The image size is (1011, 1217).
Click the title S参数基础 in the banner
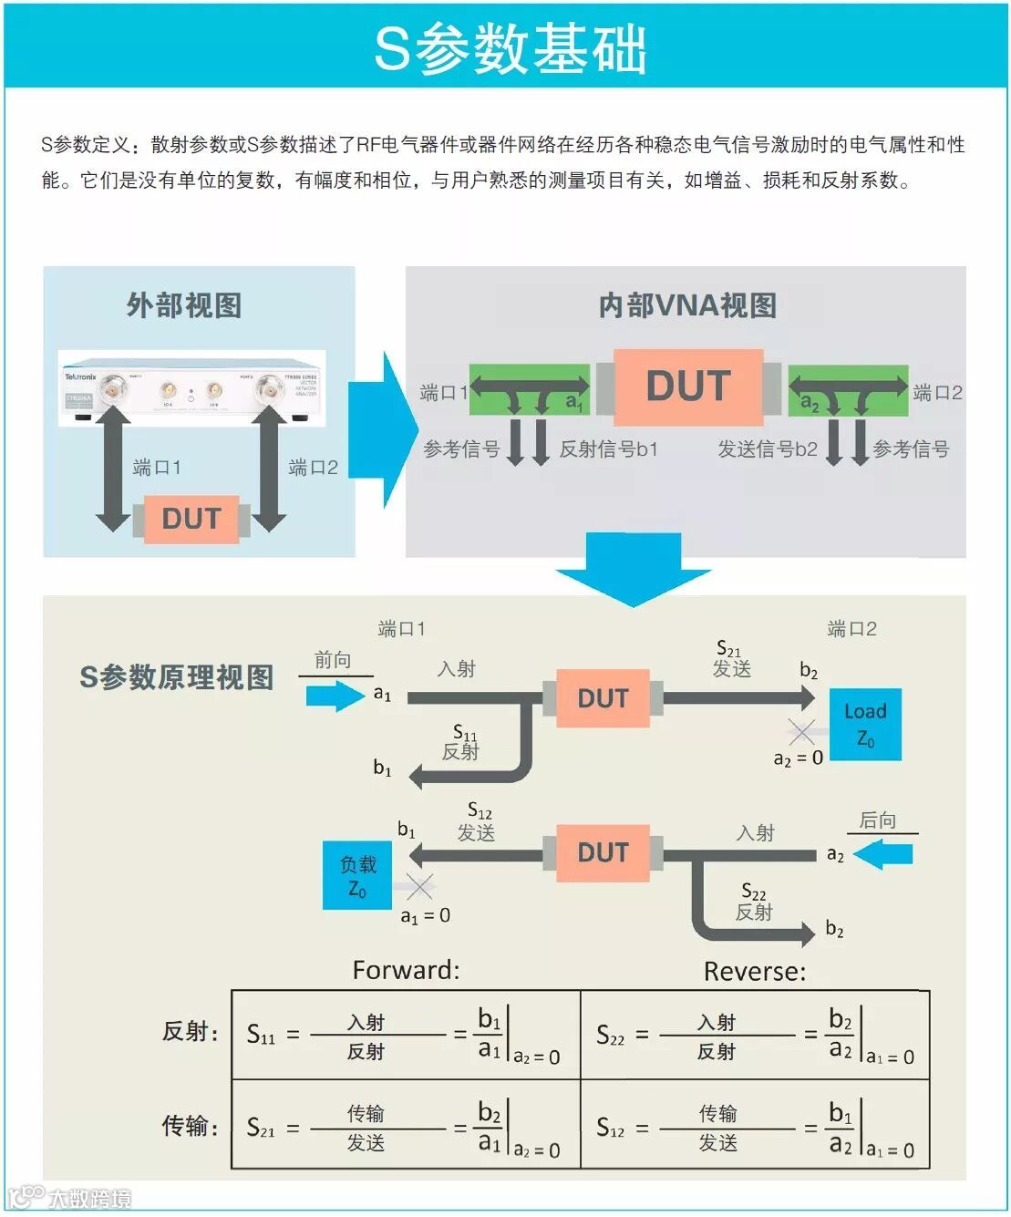(510, 47)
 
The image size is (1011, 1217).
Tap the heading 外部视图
(184, 305)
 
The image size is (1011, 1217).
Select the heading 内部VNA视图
(687, 305)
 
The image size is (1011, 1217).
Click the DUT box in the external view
(191, 519)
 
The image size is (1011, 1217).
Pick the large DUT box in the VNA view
(688, 387)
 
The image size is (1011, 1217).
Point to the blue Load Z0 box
(865, 724)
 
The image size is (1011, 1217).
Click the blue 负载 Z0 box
(357, 875)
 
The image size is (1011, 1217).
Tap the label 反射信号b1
(608, 449)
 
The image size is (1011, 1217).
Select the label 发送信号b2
(768, 449)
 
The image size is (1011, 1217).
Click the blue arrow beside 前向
(335, 696)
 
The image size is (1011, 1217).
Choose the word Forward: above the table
(406, 970)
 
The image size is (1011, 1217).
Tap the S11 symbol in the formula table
(261, 1035)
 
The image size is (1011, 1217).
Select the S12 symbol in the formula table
(611, 1129)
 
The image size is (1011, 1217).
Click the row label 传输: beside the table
(191, 1126)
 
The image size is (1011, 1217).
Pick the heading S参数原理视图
(177, 677)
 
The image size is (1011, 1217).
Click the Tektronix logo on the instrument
(80, 376)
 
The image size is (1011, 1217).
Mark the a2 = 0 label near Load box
(798, 758)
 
